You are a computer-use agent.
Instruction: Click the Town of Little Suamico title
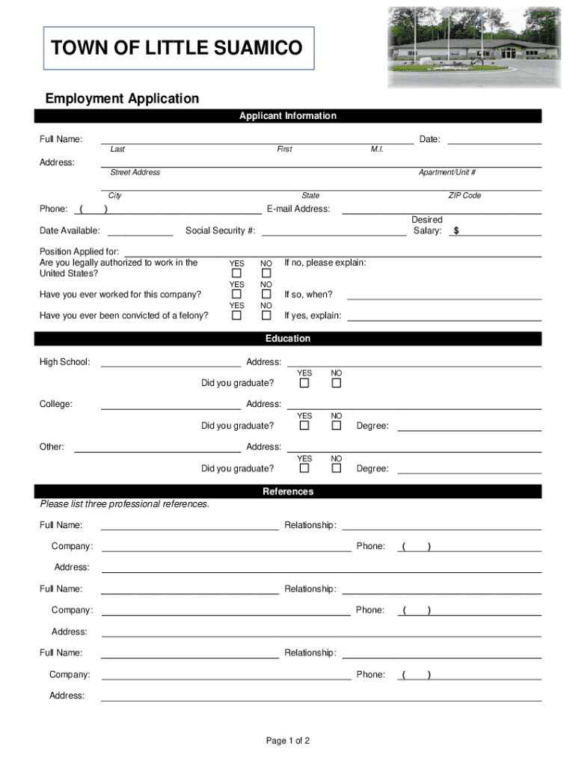pos(177,49)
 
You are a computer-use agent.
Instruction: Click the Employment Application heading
pos(122,99)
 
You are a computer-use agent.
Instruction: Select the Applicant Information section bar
pos(288,116)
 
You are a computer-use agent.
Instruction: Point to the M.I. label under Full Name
pos(377,150)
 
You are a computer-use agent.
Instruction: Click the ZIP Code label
pos(465,195)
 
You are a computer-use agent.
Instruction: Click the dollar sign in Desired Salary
pos(456,231)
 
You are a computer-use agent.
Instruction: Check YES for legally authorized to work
pos(236,274)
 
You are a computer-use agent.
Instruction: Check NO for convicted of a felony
pos(266,316)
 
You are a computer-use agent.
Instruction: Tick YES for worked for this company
pos(236,295)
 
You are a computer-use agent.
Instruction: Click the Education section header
pos(288,339)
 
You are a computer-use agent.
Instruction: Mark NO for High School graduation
pos(337,383)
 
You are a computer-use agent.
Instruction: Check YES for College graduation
pos(304,426)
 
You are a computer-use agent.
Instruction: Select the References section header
pos(288,491)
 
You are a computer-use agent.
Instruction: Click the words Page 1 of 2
pos(288,741)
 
